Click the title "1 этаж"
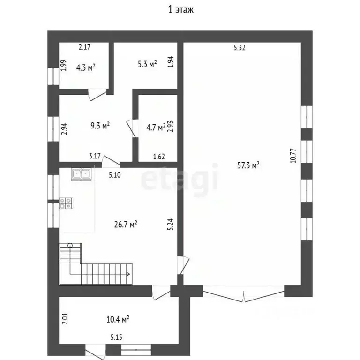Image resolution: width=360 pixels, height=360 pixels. coord(181,10)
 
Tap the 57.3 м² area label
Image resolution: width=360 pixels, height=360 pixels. coord(248,165)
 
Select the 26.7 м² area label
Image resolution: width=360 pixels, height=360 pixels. coord(126,225)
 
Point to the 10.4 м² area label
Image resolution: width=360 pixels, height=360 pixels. coord(118,319)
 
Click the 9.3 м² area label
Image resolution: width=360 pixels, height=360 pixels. coord(100,125)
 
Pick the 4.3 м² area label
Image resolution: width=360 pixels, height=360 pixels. coord(86,67)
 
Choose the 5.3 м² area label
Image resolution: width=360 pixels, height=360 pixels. coord(147,64)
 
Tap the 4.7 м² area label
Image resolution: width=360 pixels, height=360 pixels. coord(156,127)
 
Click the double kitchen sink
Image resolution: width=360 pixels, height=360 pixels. coord(81,174)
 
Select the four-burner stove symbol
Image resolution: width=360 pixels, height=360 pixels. coord(66,203)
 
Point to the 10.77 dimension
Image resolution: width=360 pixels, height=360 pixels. coord(293,156)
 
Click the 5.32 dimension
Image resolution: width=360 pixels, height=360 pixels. coord(240,47)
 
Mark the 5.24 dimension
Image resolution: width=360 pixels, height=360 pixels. coord(171,224)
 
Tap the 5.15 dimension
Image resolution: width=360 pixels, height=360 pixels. coord(116,337)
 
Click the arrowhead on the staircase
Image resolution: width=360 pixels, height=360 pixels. coord(128,274)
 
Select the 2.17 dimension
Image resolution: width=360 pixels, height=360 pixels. coord(84,47)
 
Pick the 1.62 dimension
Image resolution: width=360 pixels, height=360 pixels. coord(159,157)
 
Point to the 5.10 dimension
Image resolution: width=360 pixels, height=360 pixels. coord(114,175)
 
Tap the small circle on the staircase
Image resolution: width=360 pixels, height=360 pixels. coord(70,246)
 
